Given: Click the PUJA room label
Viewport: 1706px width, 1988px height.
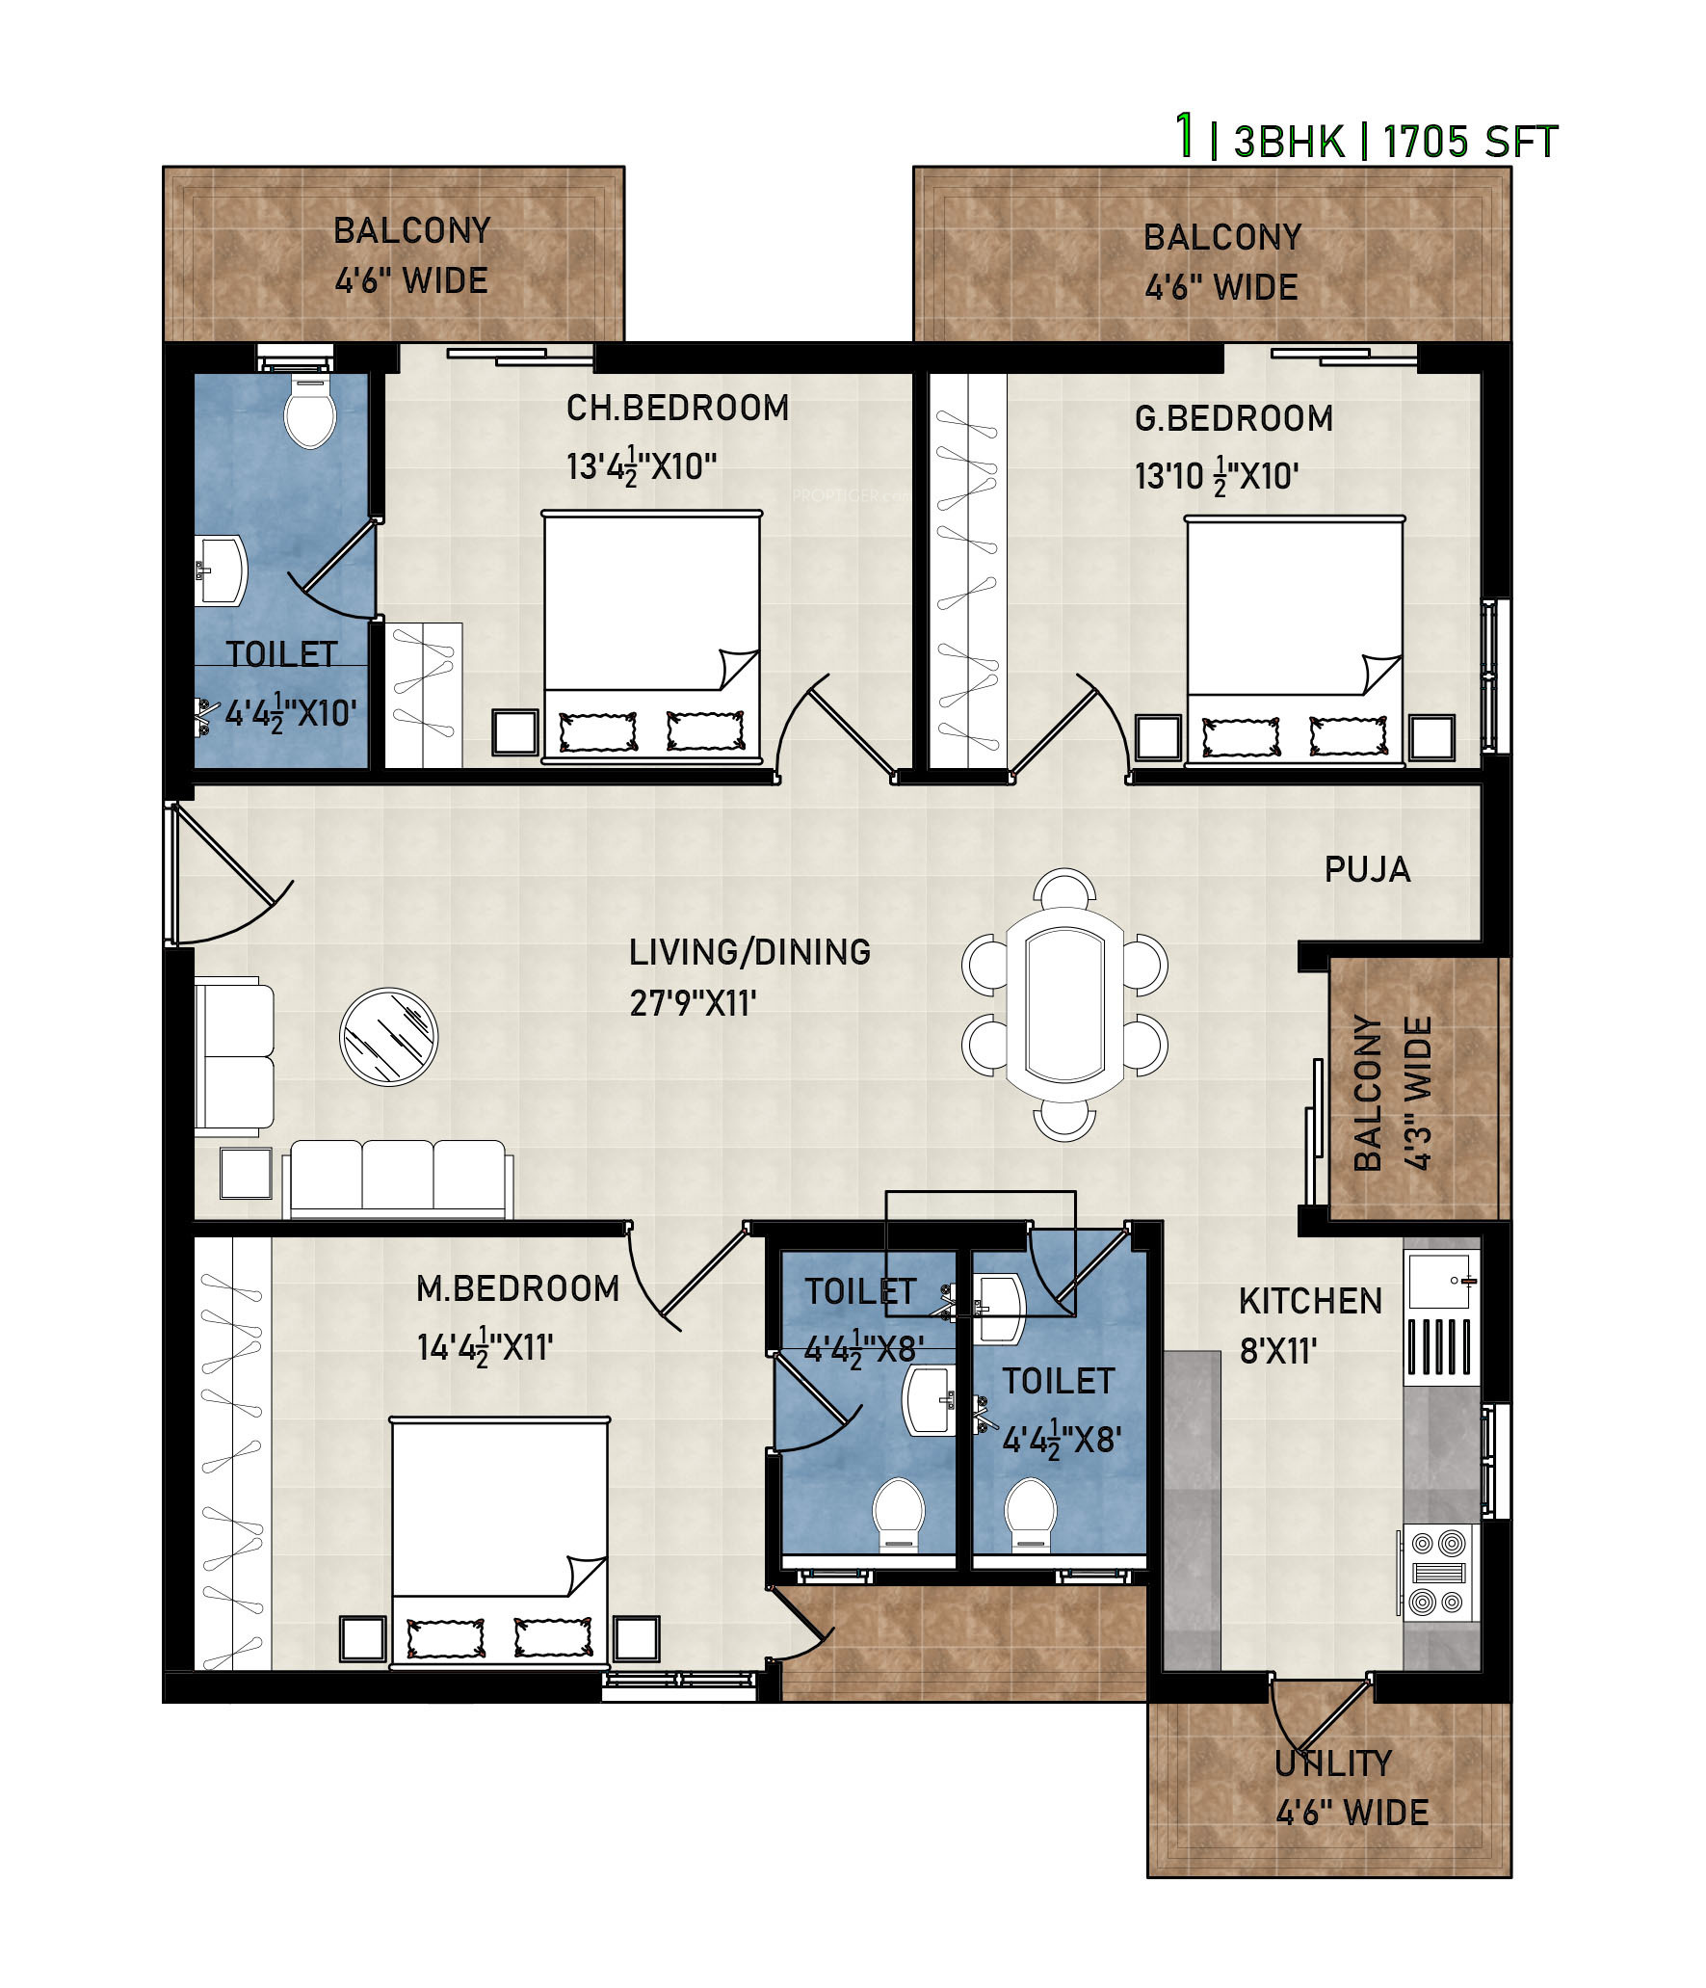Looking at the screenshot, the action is [1367, 869].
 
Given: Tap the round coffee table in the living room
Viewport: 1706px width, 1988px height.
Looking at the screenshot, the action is [388, 1037].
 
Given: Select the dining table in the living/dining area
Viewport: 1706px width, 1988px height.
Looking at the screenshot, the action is [1064, 1005].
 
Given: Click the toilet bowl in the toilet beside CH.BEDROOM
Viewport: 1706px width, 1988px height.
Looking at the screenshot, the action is [310, 411].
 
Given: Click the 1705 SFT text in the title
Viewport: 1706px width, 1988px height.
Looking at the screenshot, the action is [1470, 143].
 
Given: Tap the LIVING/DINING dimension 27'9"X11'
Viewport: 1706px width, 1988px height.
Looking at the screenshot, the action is [693, 1003].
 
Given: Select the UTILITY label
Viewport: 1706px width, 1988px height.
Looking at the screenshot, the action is [1333, 1763].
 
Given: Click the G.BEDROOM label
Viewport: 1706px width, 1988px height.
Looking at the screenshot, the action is [1234, 418].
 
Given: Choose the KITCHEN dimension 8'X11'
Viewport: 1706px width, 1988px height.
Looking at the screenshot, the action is [1278, 1351].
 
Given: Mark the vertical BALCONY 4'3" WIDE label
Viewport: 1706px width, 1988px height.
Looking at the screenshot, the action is [1393, 1093].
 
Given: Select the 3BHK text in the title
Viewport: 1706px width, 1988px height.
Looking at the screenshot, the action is [1289, 143].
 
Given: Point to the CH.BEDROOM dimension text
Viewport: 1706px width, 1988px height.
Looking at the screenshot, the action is [642, 467].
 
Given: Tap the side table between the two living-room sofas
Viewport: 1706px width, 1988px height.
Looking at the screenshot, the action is [246, 1173].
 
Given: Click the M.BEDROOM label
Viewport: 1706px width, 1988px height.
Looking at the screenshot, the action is [517, 1288].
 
